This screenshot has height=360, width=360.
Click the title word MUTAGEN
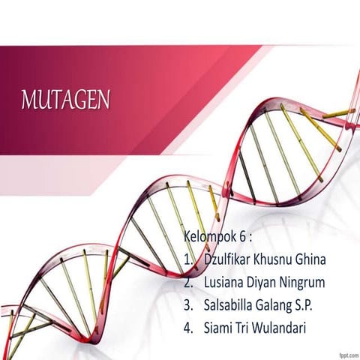66,100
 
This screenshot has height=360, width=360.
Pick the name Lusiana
225,283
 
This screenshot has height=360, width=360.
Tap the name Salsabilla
231,305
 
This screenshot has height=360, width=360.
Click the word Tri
247,328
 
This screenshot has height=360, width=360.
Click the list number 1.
187,260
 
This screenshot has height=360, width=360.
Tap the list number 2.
187,283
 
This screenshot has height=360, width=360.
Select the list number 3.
187,305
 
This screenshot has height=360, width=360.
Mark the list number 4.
187,328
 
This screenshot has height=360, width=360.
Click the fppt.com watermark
347,353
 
